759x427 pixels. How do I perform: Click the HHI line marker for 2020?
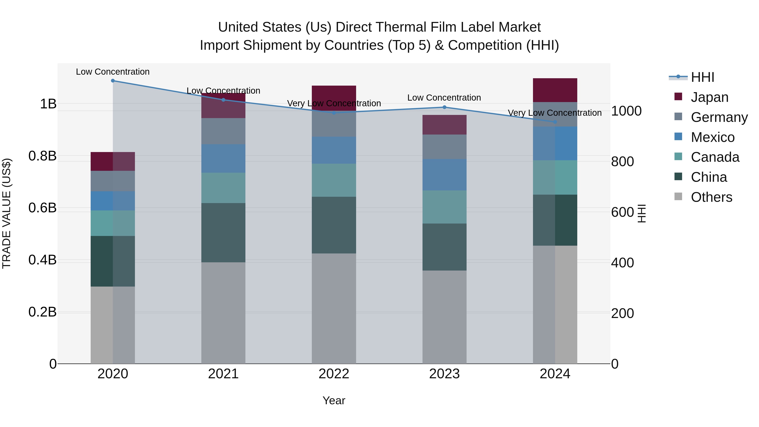(x=113, y=81)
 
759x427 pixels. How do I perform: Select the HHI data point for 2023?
(x=444, y=107)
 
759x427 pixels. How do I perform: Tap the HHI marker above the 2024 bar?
(x=555, y=122)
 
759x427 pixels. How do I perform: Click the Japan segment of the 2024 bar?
(x=555, y=90)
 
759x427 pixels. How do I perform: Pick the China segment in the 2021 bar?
(x=223, y=233)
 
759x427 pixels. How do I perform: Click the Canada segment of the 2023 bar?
(x=444, y=207)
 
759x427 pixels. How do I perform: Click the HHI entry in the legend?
(x=702, y=77)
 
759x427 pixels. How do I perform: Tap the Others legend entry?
(x=711, y=197)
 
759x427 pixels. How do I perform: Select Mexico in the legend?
(x=712, y=137)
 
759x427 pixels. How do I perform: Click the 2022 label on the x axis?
(x=334, y=374)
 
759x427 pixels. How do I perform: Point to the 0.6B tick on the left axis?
(x=42, y=208)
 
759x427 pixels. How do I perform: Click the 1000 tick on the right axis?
(x=626, y=111)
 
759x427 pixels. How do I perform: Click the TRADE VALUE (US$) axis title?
(x=7, y=213)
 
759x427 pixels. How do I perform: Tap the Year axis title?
(x=334, y=400)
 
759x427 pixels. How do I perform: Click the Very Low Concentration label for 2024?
(x=554, y=113)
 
